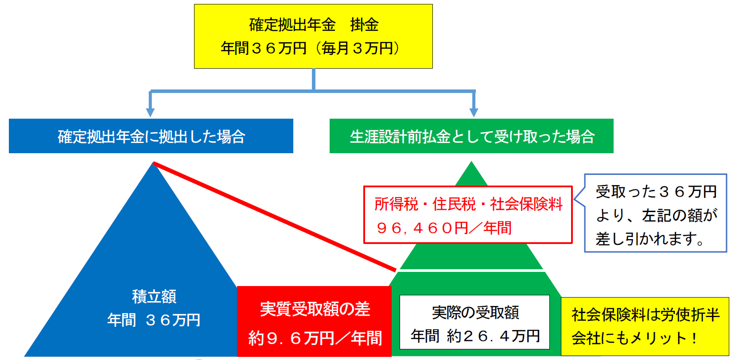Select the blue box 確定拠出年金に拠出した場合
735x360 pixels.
click(x=151, y=136)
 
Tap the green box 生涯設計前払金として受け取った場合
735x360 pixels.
click(x=471, y=136)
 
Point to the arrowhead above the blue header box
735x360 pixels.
click(x=151, y=111)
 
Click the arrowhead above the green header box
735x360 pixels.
click(x=474, y=111)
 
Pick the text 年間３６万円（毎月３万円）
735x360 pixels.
click(x=310, y=48)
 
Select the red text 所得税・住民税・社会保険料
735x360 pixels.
click(x=468, y=204)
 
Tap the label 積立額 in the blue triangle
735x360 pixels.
click(x=154, y=296)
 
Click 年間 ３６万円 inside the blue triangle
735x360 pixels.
click(x=154, y=320)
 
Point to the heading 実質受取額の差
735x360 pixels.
click(x=315, y=309)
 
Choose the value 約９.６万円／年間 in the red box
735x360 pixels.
click(x=315, y=338)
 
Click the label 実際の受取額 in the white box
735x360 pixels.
click(x=475, y=313)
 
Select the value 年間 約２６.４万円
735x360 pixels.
click(x=475, y=336)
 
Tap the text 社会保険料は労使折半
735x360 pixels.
click(x=645, y=315)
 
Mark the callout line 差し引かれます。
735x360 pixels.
click(x=650, y=239)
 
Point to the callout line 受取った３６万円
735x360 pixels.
click(x=656, y=192)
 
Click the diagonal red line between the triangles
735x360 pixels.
click(x=275, y=217)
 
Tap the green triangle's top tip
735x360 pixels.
click(x=471, y=165)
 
